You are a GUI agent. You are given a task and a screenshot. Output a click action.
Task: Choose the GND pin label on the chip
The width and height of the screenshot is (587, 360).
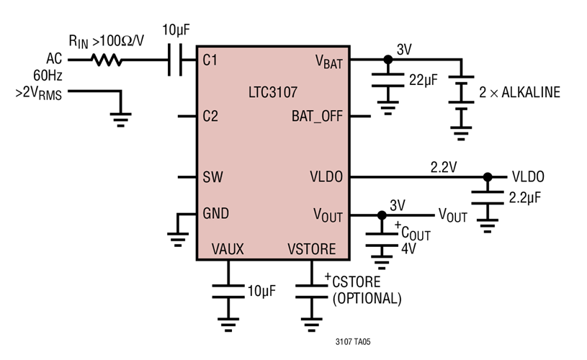point(217,215)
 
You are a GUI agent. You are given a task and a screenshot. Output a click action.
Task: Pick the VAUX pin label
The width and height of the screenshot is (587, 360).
point(228,249)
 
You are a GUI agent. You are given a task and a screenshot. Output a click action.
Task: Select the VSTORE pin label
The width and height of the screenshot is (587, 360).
point(311,249)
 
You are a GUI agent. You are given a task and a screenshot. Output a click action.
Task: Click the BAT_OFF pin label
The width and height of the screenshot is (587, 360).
point(317,116)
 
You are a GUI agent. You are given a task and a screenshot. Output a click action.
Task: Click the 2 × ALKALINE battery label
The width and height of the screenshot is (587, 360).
point(519,92)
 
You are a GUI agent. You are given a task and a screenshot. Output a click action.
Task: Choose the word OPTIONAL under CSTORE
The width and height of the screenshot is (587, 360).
point(367,298)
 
